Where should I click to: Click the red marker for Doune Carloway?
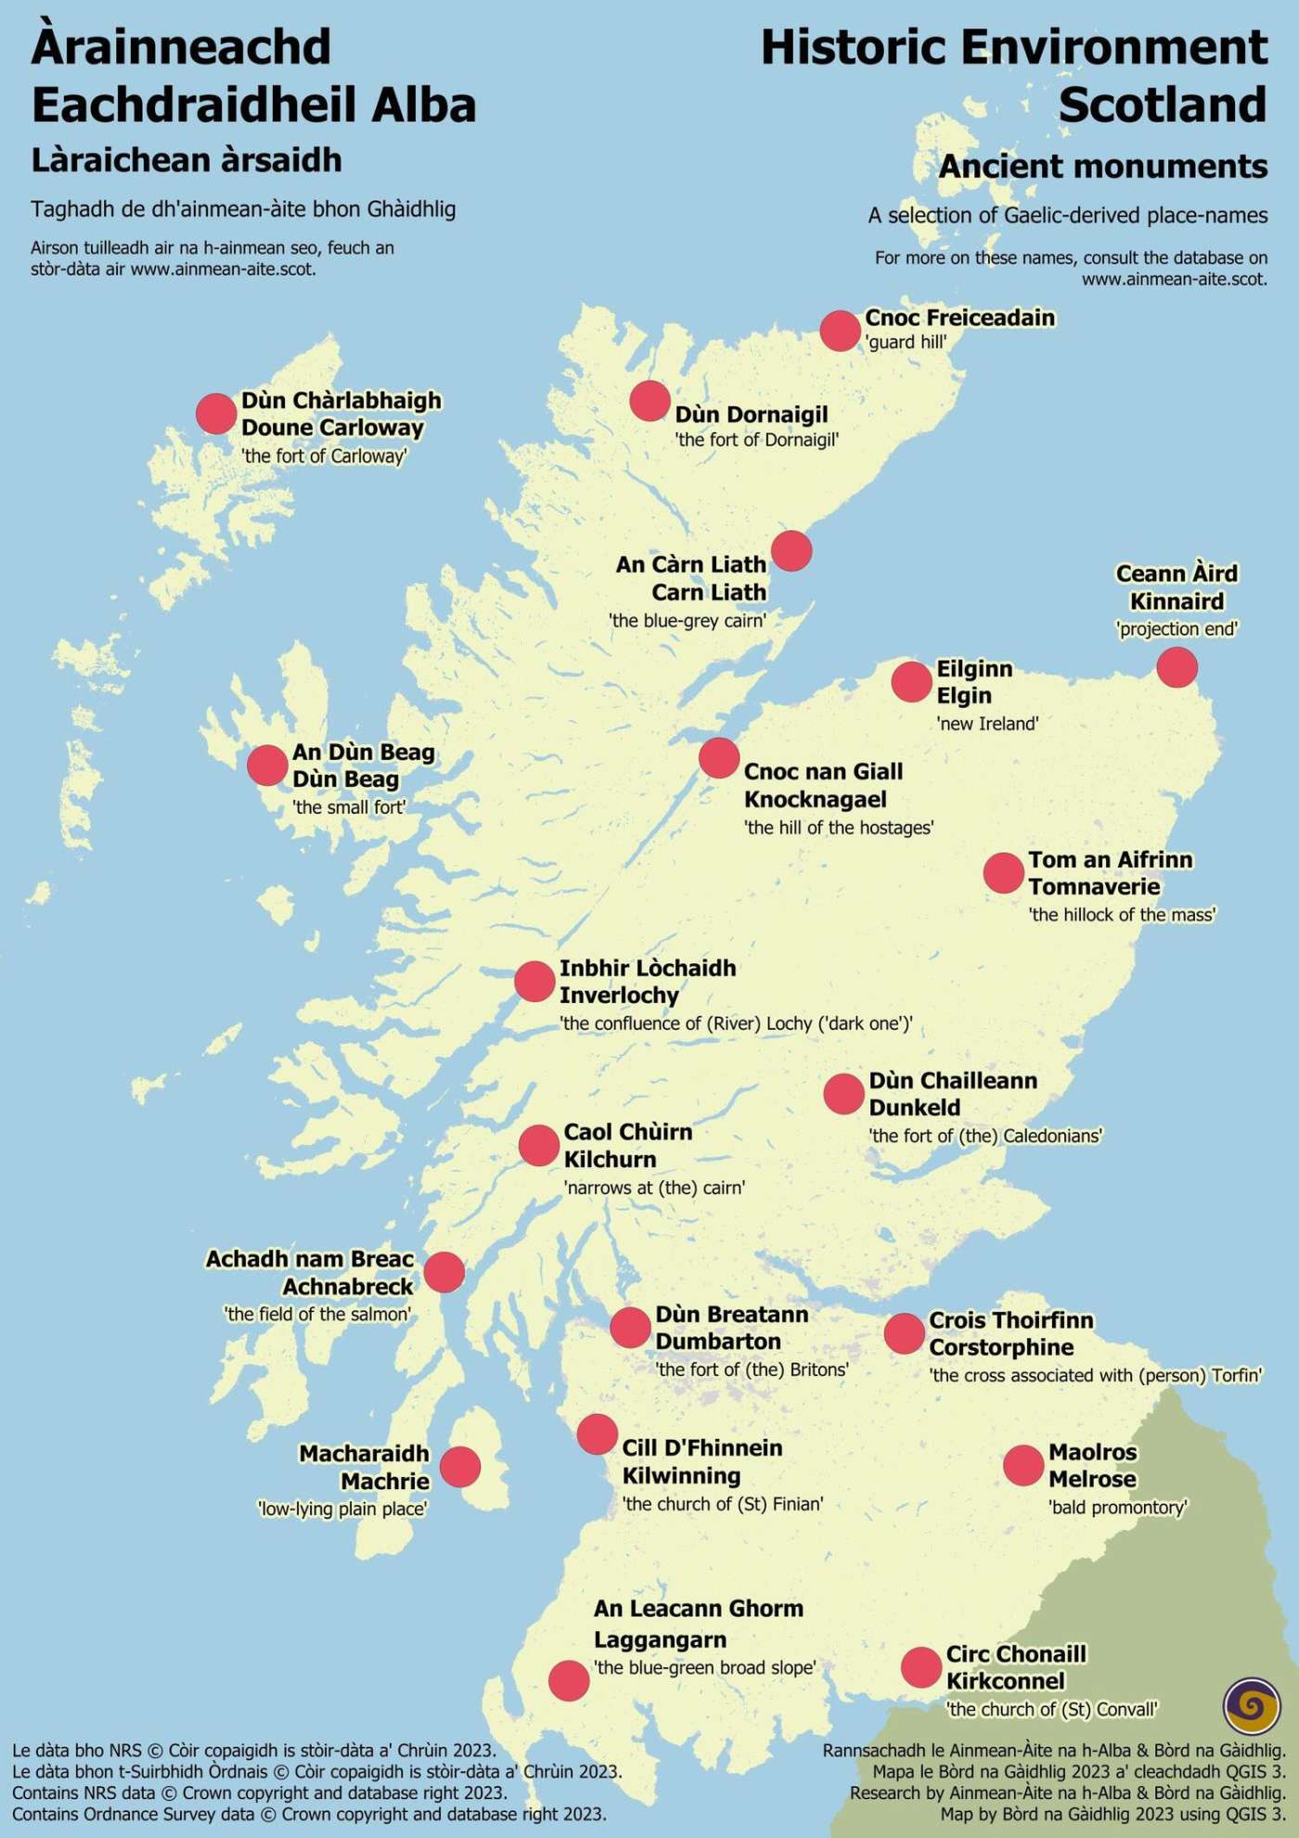(216, 413)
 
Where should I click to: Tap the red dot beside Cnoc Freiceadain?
(840, 330)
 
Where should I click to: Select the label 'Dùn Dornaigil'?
(751, 415)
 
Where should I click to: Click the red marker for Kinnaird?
(1177, 667)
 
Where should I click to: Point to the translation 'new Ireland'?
(987, 724)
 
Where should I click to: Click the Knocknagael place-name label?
(815, 799)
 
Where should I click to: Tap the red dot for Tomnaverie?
(1003, 873)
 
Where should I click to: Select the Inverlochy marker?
(534, 981)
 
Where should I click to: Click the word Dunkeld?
(914, 1108)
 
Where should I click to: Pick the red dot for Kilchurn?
(538, 1145)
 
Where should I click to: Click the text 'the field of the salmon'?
(317, 1314)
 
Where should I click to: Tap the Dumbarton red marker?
(630, 1328)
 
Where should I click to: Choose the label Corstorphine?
(1001, 1347)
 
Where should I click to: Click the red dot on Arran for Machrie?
(460, 1467)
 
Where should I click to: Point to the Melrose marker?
(1023, 1465)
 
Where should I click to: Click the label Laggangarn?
(660, 1639)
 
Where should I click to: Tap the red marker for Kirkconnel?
(921, 1667)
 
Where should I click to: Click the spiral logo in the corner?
(1252, 1704)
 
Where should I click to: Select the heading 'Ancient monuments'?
(1102, 166)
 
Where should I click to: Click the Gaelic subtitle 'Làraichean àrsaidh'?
(186, 161)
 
